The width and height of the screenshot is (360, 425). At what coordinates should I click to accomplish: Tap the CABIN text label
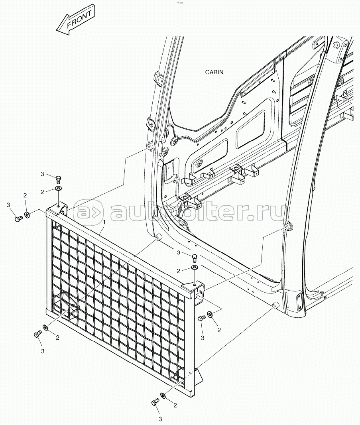pos(214,72)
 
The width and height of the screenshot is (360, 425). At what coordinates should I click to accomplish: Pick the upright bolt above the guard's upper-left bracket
pos(58,179)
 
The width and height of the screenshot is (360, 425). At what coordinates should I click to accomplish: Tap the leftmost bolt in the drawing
pos(19,218)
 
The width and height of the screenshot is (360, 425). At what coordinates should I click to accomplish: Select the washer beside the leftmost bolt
pos(28,215)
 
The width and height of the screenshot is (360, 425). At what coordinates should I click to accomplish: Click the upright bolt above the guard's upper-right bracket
pos(195,258)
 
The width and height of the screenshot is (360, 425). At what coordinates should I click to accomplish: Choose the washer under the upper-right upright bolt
pos(195,268)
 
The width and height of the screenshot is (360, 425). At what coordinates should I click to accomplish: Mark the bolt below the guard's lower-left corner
pos(38,334)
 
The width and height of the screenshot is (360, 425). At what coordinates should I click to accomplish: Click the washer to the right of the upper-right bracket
pos(210,315)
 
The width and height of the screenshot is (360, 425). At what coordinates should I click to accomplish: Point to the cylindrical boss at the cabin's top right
pos(339,45)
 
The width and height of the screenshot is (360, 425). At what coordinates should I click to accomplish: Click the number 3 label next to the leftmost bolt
pos(8,205)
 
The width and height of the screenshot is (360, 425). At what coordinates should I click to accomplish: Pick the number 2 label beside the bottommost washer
pos(175,405)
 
